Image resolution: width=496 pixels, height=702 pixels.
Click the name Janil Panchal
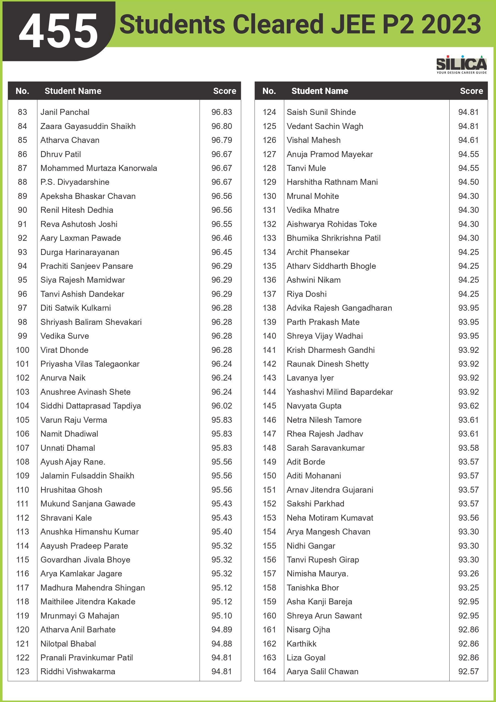[x=65, y=112]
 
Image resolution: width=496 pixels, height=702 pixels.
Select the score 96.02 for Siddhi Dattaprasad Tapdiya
[x=222, y=406]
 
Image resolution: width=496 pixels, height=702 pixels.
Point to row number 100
[x=23, y=350]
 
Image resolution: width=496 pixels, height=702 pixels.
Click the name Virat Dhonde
[x=64, y=350]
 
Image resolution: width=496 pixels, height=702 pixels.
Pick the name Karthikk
[x=301, y=644]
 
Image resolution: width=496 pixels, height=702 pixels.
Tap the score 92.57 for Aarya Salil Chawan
[x=468, y=671]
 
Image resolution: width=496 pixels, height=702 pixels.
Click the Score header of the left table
[x=224, y=91]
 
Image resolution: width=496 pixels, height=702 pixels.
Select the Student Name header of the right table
[x=320, y=91]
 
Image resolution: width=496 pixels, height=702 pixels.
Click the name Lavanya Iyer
[x=310, y=378]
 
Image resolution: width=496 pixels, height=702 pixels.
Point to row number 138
[x=269, y=308]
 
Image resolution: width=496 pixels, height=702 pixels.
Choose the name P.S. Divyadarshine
[x=75, y=182]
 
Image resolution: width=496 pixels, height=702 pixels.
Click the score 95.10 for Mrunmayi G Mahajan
[x=222, y=615]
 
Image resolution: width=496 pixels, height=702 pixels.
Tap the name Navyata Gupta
[x=314, y=406]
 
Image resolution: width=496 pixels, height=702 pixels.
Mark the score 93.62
[x=468, y=406]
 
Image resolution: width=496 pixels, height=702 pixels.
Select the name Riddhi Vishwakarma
[x=78, y=671]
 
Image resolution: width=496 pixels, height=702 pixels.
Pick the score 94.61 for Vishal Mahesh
[x=468, y=140]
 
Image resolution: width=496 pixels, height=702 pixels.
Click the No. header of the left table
[x=22, y=91]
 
